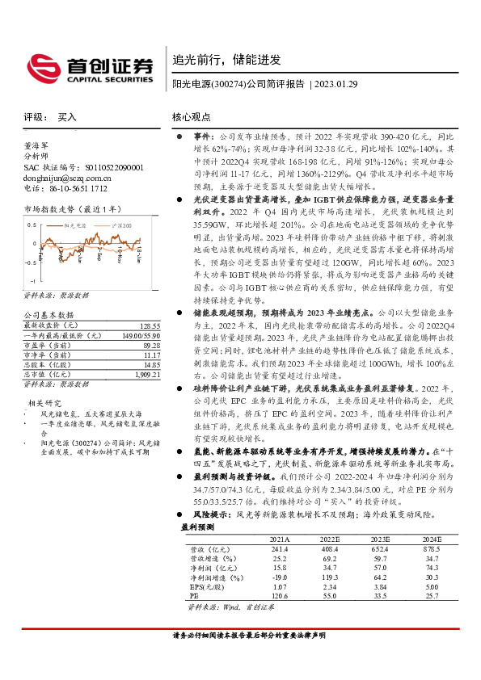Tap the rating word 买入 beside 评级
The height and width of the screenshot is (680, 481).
point(67,117)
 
